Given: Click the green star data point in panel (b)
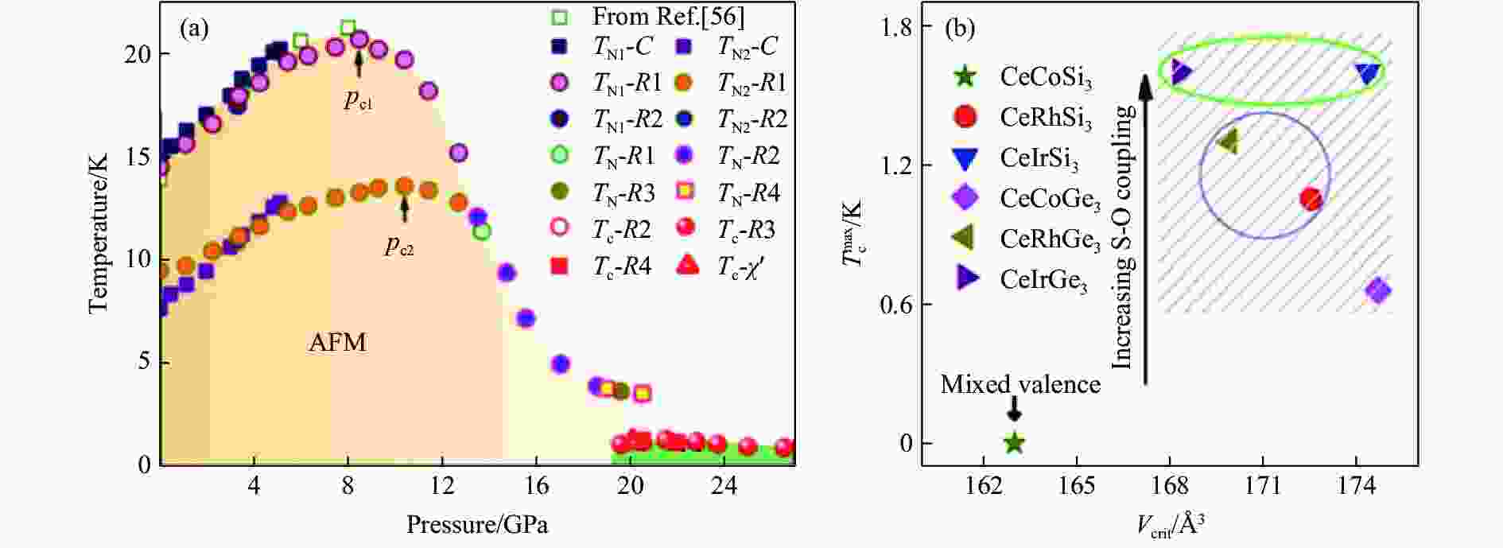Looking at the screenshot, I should point(1014,443).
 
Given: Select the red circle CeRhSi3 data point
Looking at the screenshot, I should point(1311,199).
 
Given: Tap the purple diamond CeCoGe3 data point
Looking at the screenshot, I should point(1378,290).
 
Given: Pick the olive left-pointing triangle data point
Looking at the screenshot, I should point(1229,142).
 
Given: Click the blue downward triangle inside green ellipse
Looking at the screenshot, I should point(1368,73).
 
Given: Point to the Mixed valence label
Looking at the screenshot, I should point(1020,385).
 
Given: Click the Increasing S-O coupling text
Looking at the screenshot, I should point(1121,238).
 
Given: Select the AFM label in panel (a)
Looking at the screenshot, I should point(337,343).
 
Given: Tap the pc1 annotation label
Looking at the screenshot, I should point(358,101).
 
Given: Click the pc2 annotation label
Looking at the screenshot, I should point(399,247).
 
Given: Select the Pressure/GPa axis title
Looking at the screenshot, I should point(477,525).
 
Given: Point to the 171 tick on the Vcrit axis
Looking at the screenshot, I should point(1263,485).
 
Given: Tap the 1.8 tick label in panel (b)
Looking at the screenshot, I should point(894,27).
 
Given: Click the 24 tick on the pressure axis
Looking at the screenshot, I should point(724,485).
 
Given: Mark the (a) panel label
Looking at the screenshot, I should point(194,29).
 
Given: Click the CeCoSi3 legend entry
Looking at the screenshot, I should point(1045,77).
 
